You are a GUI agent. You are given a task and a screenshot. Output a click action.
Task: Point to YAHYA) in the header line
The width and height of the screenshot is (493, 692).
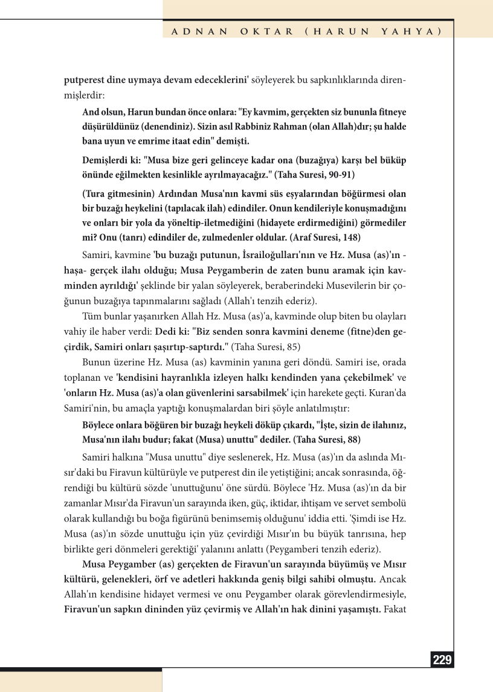(x=411, y=30)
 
